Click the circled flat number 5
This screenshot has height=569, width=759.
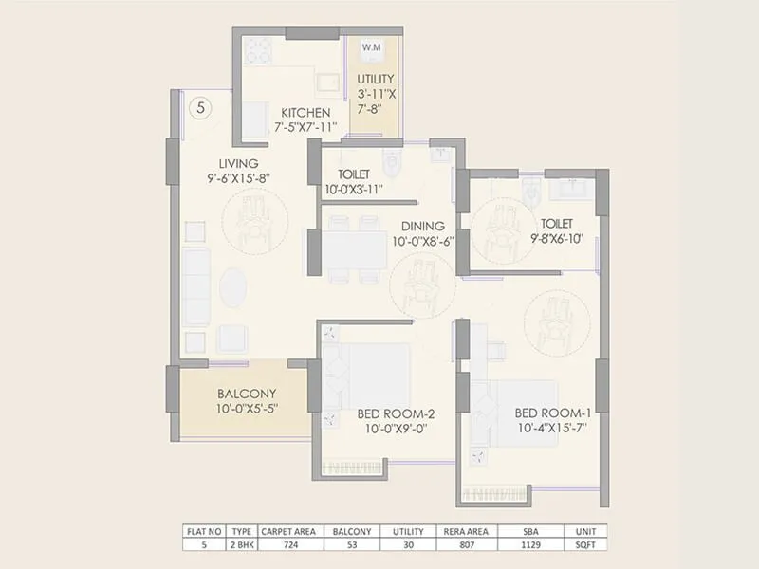click(x=200, y=107)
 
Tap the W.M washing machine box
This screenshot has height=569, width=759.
click(x=370, y=47)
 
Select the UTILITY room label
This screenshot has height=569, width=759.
click(x=376, y=80)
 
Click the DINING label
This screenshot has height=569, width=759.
click(x=422, y=226)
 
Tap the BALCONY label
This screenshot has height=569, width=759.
click(x=247, y=394)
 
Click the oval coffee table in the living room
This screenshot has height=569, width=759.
click(x=236, y=289)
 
